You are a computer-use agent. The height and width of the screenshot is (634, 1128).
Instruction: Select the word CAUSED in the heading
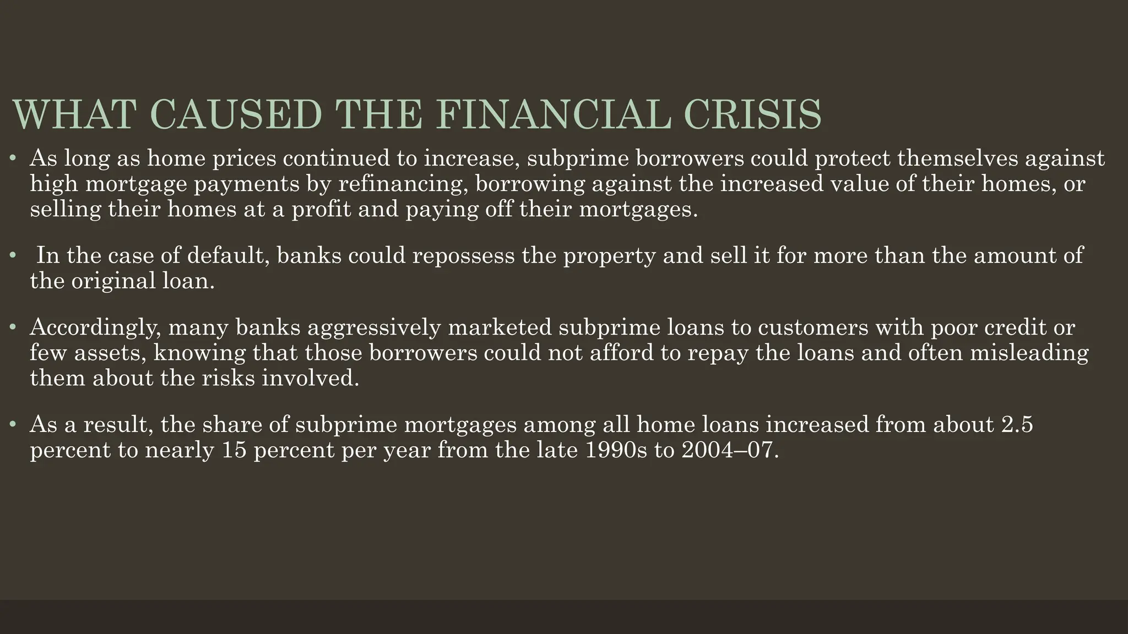click(x=235, y=114)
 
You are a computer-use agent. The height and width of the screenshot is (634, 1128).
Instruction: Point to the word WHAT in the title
click(x=74, y=114)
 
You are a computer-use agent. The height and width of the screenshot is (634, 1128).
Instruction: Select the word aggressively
click(x=375, y=327)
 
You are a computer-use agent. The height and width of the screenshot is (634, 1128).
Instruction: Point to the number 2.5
click(x=1017, y=424)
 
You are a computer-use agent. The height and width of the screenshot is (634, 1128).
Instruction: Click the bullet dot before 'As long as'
click(x=14, y=160)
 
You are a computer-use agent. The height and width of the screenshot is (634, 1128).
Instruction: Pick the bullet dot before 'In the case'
click(x=14, y=256)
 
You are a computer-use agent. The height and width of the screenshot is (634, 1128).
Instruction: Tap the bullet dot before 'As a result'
click(x=14, y=425)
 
